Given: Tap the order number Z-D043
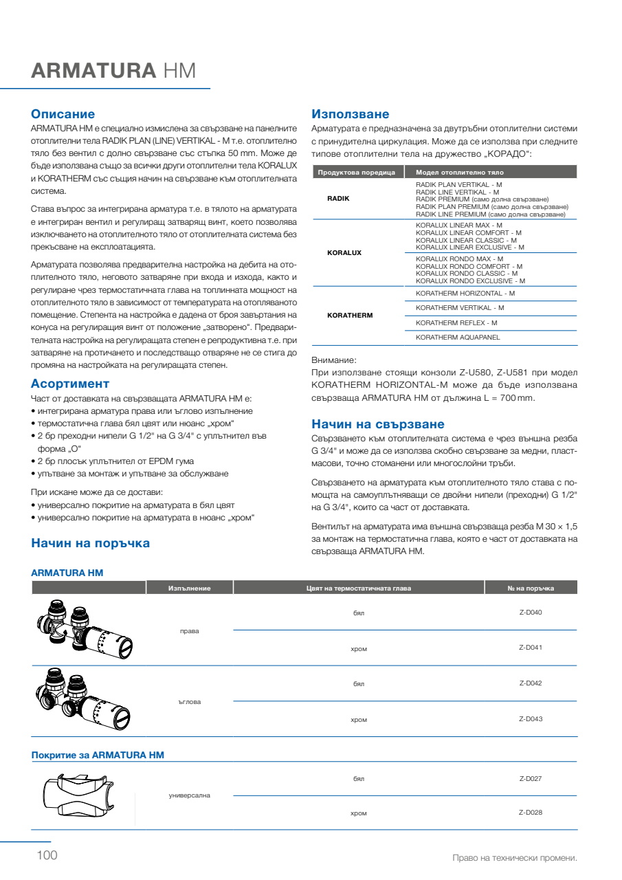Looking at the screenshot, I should pyautogui.click(x=531, y=719).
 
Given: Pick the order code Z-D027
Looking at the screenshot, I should pyautogui.click(x=531, y=779).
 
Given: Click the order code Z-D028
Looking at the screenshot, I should pyautogui.click(x=531, y=813).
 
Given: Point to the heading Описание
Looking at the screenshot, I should pyautogui.click(x=63, y=114).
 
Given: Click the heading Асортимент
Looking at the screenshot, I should pyautogui.click(x=70, y=384).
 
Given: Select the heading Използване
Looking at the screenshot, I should pyautogui.click(x=351, y=114).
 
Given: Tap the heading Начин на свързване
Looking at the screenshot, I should pyautogui.click(x=378, y=424).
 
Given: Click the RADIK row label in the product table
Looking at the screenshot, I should pyautogui.click(x=339, y=198).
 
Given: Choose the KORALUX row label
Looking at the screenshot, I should pyautogui.click(x=344, y=253).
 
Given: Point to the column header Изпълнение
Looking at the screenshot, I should pyautogui.click(x=189, y=588).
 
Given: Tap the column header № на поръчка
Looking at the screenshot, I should pyautogui.click(x=531, y=588).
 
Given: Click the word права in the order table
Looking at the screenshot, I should pyautogui.click(x=189, y=630).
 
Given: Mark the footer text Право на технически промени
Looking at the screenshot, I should pyautogui.click(x=514, y=858).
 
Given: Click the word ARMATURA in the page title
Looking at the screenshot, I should pyautogui.click(x=94, y=71).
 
